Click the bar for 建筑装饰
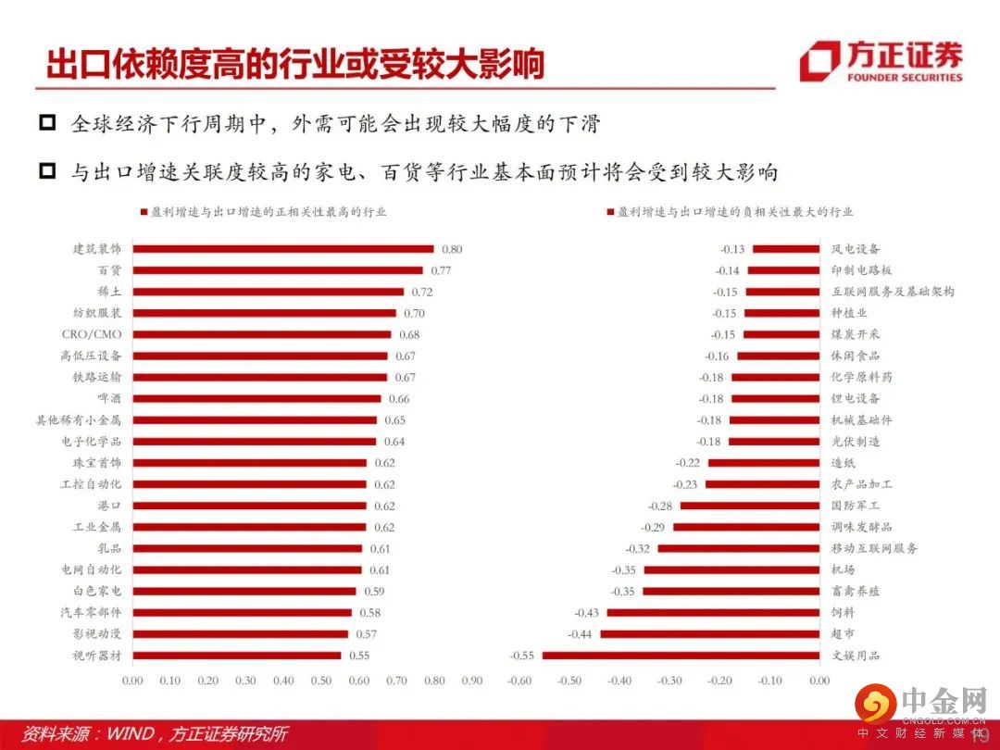(283, 249)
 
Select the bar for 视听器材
(236, 656)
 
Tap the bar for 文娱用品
(681, 656)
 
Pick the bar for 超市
(709, 634)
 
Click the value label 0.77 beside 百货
(440, 270)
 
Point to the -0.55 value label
(522, 656)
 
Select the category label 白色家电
(97, 591)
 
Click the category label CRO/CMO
(92, 334)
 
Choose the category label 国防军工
(856, 506)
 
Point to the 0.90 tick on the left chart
(471, 681)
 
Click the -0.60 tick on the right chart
(519, 681)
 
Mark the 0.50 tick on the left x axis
(320, 681)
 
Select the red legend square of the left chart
(144, 212)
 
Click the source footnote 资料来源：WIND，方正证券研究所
(156, 734)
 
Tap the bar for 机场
(731, 569)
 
